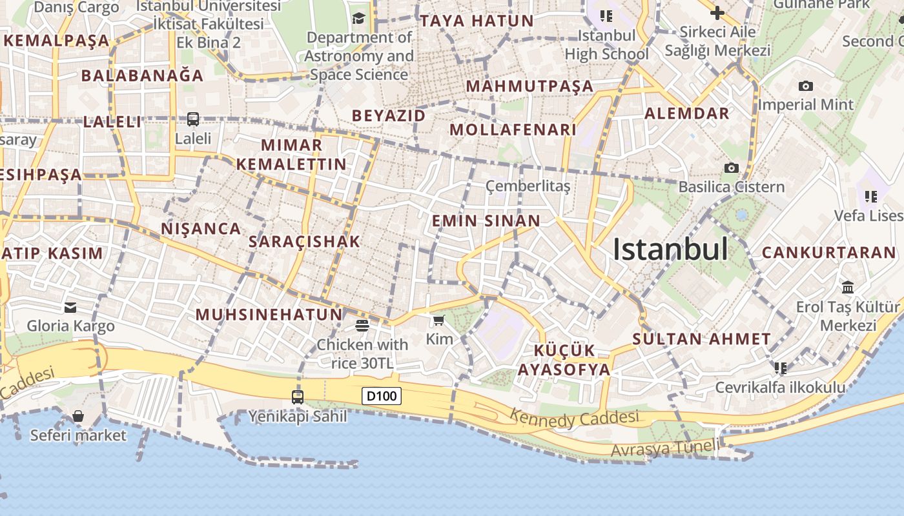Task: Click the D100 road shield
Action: tap(382, 396)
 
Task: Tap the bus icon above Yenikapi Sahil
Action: tap(298, 397)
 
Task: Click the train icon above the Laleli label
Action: tap(193, 119)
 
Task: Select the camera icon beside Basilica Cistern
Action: tap(731, 168)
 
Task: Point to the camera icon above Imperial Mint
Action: tap(805, 86)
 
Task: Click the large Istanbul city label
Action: tap(670, 250)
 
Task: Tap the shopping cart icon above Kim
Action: tap(439, 320)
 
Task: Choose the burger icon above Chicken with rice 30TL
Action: tap(362, 326)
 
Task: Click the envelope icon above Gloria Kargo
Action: tap(70, 308)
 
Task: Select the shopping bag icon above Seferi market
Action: tap(78, 417)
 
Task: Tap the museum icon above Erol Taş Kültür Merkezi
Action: tap(847, 287)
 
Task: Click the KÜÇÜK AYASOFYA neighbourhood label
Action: tap(564, 360)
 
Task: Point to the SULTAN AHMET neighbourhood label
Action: tap(701, 339)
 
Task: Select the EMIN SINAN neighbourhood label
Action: tap(486, 221)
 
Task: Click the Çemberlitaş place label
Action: tap(528, 186)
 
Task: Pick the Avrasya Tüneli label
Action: tap(664, 447)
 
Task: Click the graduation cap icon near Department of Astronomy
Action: tap(359, 18)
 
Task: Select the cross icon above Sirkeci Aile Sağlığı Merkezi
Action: tap(717, 13)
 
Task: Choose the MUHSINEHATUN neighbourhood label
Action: tap(269, 315)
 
